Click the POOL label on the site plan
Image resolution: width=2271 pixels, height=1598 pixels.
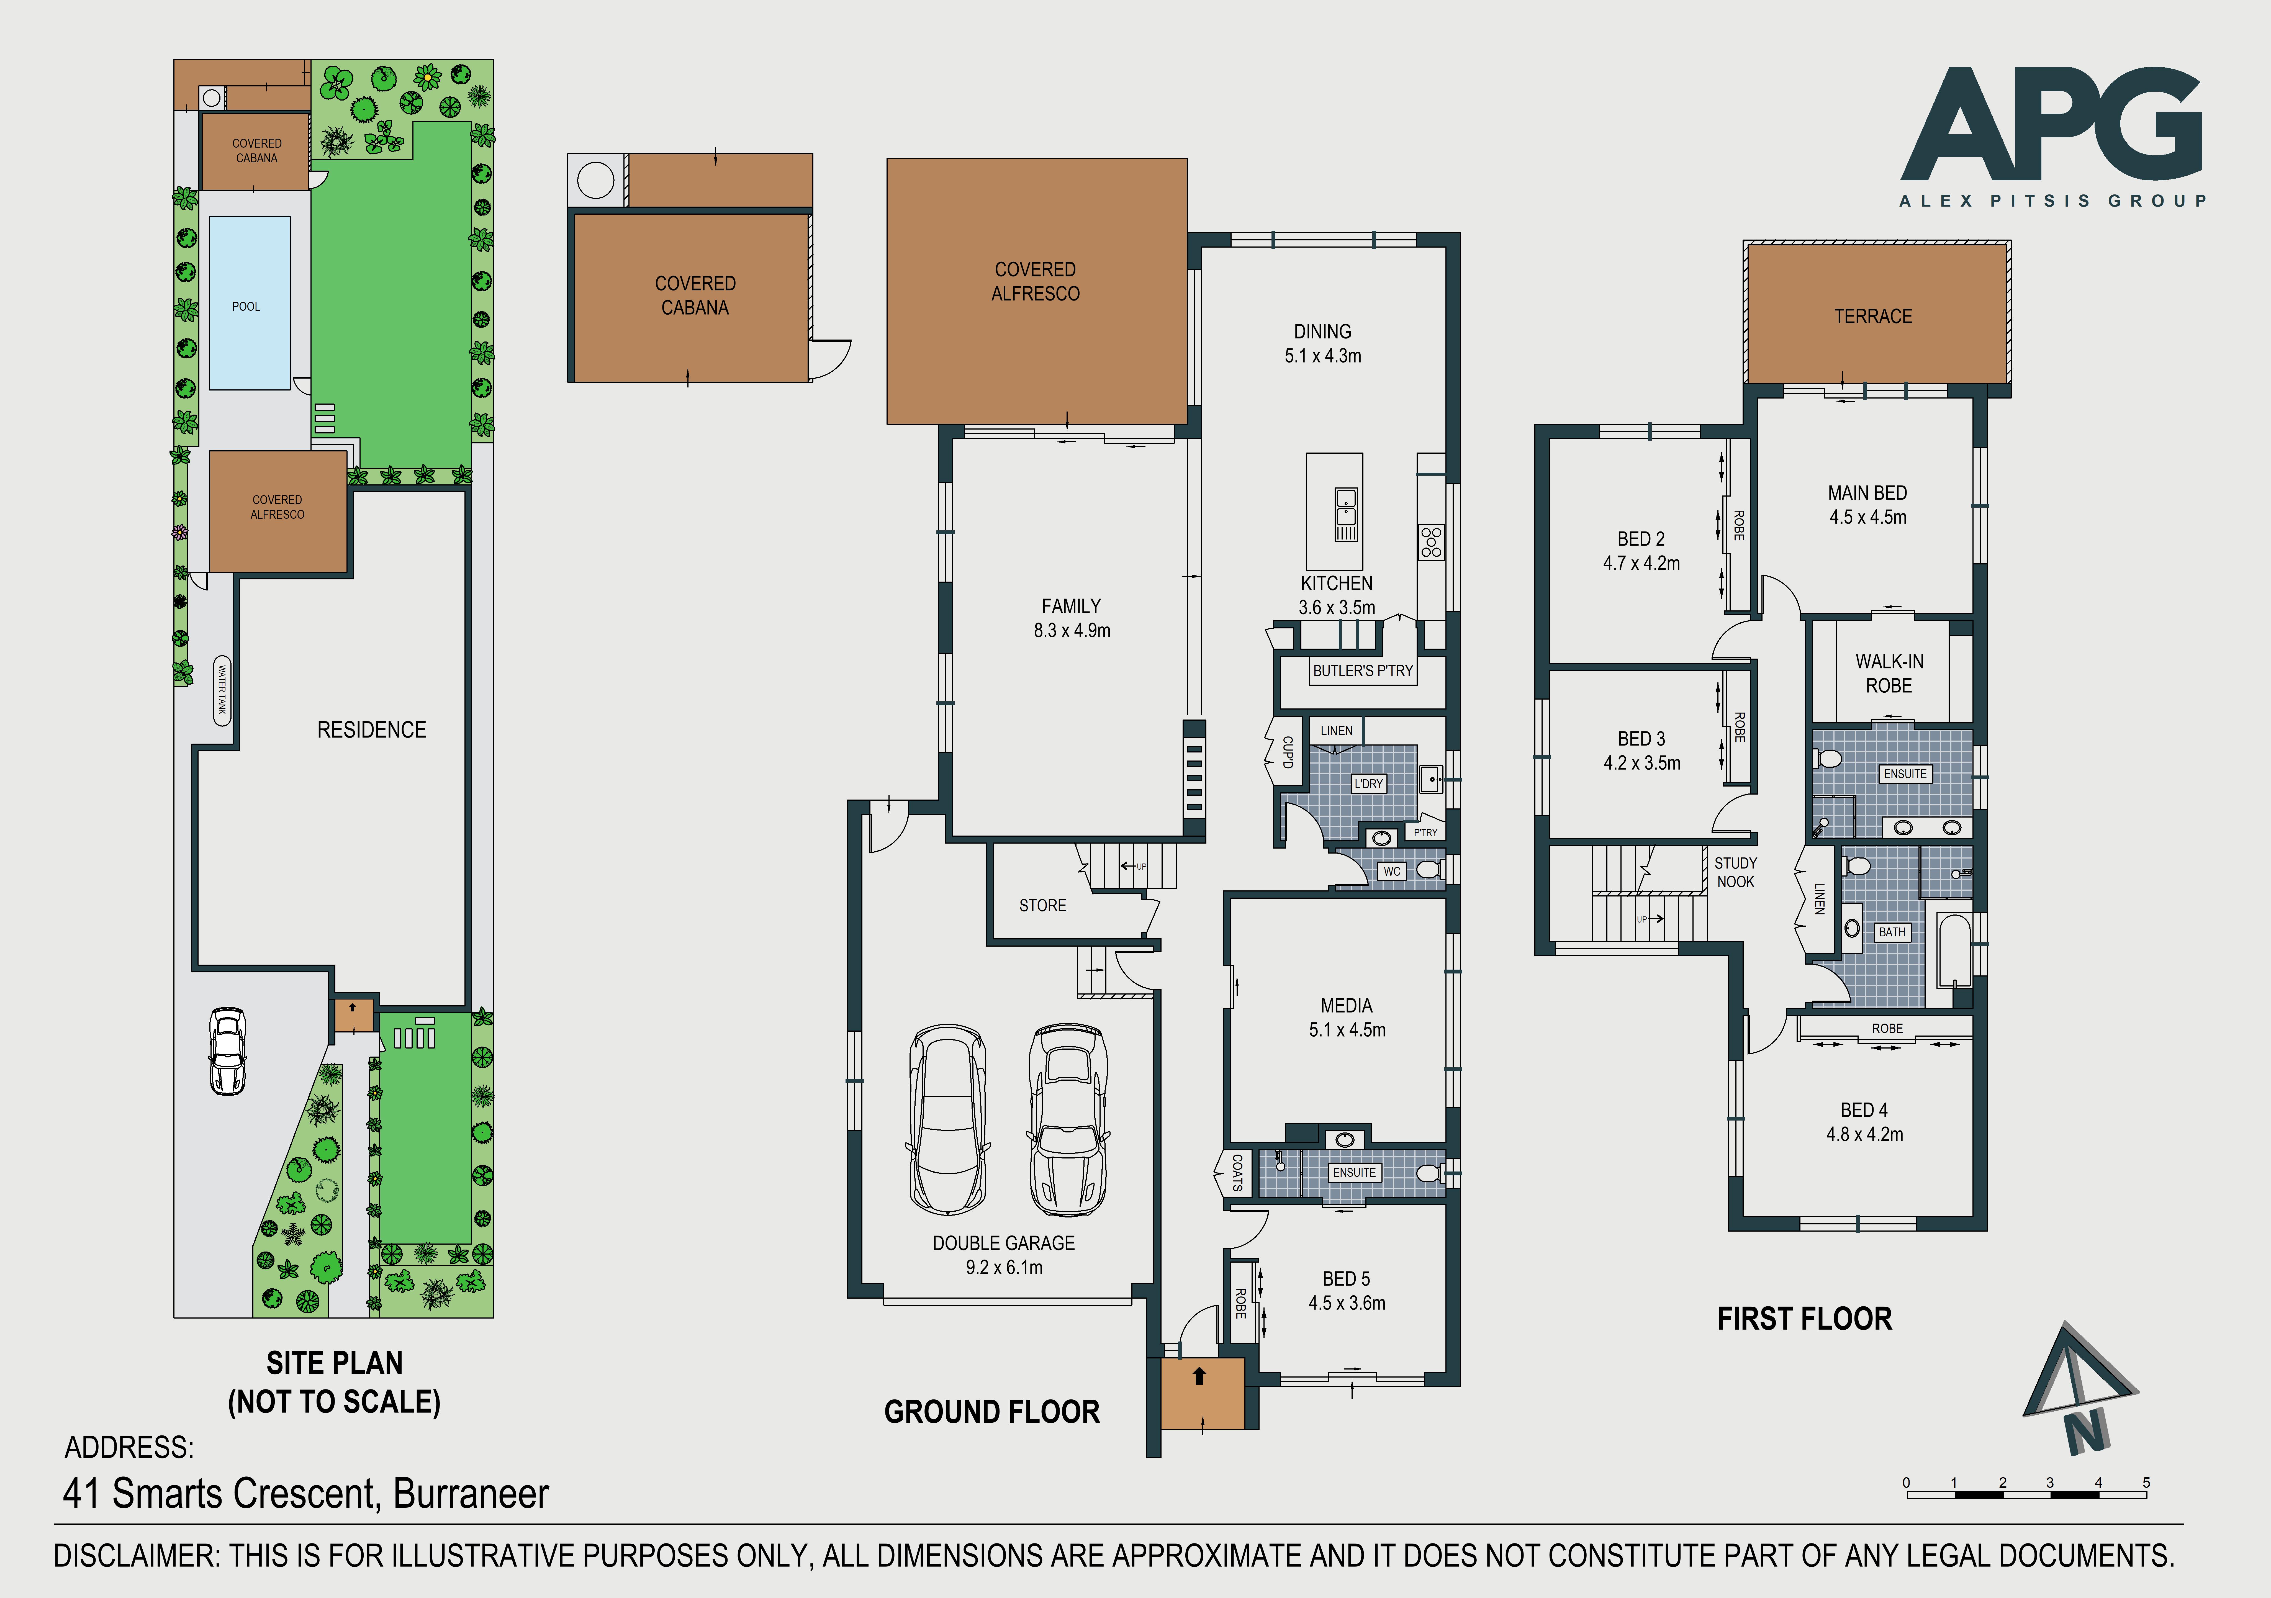246,307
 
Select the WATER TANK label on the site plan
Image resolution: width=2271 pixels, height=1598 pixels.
223,690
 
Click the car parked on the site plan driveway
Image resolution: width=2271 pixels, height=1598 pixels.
227,1050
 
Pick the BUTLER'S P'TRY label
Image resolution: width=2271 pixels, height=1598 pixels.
1363,670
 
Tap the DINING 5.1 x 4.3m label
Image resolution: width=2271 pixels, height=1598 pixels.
1322,343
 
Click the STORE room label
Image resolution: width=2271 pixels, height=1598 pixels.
1042,906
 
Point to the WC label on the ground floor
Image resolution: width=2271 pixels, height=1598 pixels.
1392,871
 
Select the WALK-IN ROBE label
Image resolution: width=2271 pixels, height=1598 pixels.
1889,674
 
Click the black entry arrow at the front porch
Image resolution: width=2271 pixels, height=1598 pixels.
1200,1376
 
